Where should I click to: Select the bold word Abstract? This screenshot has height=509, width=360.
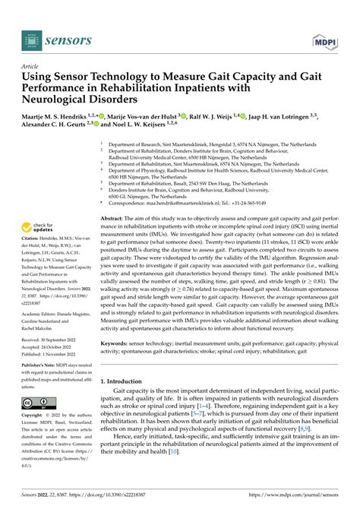coord(115,217)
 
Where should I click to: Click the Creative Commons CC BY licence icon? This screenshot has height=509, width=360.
coord(37,403)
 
